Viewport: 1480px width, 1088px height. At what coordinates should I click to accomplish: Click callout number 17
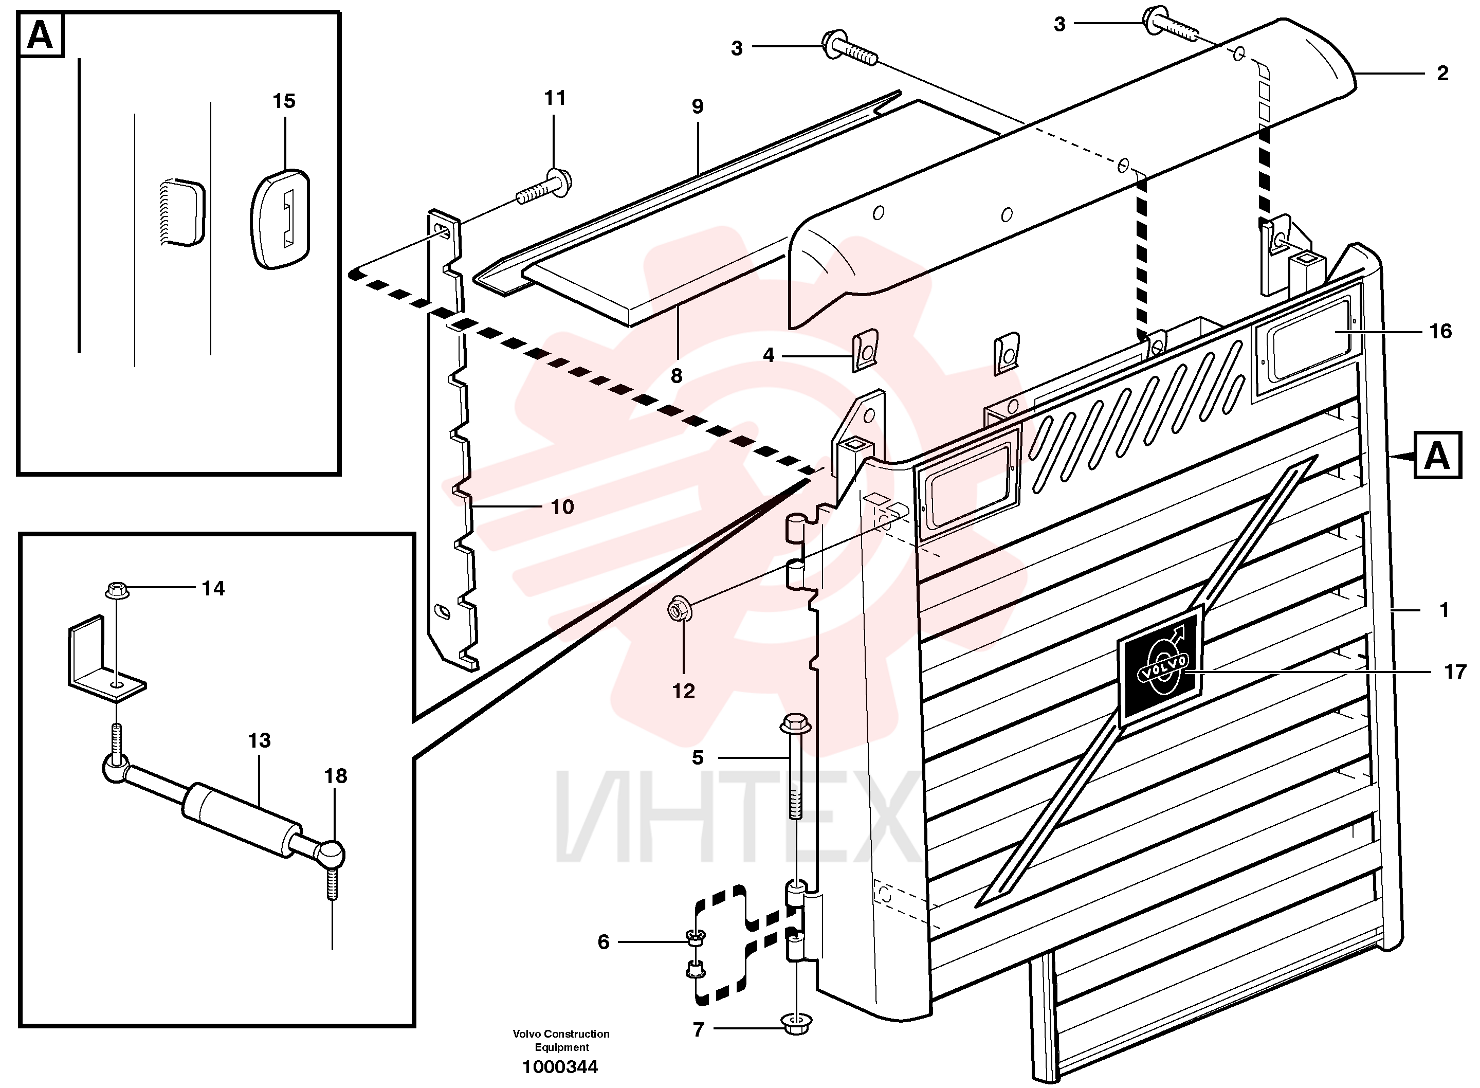coord(1455,672)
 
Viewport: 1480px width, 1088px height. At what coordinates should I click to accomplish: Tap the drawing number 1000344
coord(560,1066)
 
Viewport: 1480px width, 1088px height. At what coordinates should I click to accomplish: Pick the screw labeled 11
coord(544,185)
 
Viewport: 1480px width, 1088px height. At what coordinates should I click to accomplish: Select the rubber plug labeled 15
coord(280,220)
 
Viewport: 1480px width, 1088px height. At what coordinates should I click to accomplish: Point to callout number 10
coord(562,507)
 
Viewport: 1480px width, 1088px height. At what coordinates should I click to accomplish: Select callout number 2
coord(1442,73)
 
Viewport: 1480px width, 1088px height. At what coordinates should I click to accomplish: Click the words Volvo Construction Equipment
coord(561,1041)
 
